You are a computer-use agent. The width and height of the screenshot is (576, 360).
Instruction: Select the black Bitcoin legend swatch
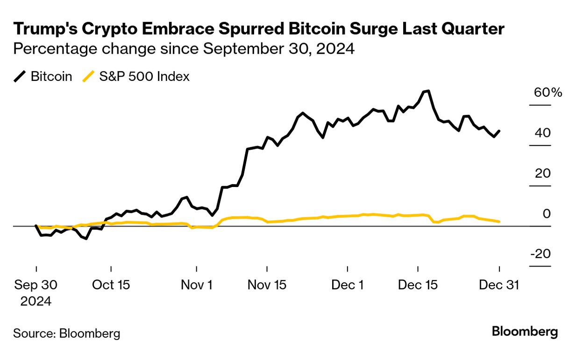point(20,77)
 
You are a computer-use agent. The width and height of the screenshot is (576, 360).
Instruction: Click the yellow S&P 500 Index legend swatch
point(89,77)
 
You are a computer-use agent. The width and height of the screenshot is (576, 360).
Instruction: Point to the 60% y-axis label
point(548,93)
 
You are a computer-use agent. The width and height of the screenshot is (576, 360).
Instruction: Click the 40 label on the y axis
point(542,133)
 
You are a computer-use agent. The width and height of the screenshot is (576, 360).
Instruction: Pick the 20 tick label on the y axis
point(542,173)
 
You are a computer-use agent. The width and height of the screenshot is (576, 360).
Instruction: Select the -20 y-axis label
point(540,254)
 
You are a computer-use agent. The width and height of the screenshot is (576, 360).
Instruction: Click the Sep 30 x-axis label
point(36,285)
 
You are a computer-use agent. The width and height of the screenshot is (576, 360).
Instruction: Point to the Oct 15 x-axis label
point(111,285)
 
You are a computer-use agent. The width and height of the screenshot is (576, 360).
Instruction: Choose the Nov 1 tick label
point(196,285)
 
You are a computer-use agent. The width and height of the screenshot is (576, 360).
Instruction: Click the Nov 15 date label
point(267,285)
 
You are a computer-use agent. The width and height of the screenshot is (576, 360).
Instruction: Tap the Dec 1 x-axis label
point(348,285)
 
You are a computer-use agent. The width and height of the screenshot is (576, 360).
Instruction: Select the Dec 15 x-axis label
point(418,285)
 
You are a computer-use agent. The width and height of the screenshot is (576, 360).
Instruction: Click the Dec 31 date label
point(499,285)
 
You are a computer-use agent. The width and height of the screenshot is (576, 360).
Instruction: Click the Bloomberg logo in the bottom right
point(525,332)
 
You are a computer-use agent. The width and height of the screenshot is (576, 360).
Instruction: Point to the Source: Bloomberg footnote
point(66,333)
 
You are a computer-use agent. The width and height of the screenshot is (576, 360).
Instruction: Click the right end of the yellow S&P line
point(499,222)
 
